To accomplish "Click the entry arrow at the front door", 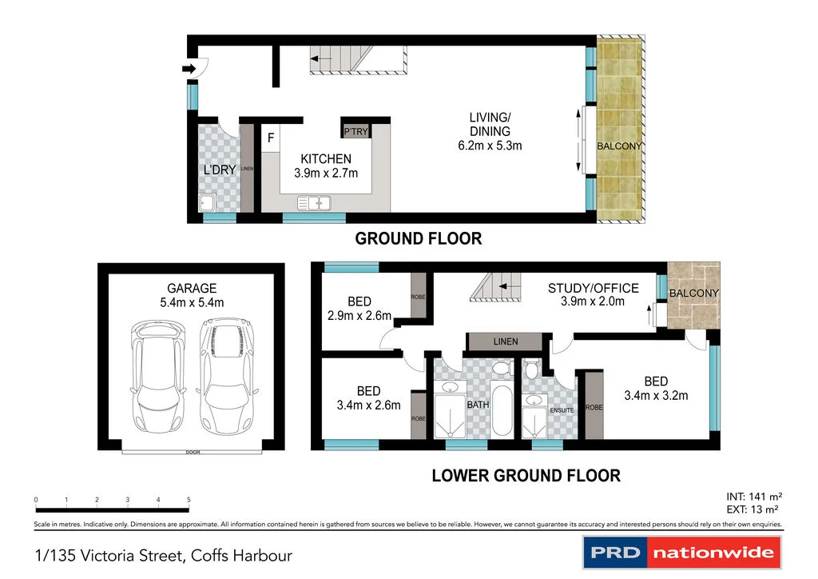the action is tap(189, 69).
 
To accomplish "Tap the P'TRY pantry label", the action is tap(355, 132).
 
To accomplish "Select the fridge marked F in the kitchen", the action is tap(271, 138).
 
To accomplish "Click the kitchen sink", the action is tap(314, 202).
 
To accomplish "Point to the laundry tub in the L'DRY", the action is tap(207, 202).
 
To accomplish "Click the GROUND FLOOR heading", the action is tap(419, 238).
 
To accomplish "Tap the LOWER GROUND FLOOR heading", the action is tap(526, 476).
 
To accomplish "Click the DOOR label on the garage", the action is tap(193, 452).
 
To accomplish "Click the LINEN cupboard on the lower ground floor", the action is tap(505, 341).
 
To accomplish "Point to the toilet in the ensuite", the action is tap(531, 369).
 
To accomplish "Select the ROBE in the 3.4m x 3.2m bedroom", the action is tap(594, 405).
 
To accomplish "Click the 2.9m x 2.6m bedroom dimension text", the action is tap(359, 316).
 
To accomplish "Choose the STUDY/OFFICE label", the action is tap(594, 288).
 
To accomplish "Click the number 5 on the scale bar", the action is tap(189, 500).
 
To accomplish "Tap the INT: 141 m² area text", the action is tap(754, 497).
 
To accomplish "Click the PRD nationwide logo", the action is tap(682, 553).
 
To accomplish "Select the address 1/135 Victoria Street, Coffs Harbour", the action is tap(163, 556).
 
